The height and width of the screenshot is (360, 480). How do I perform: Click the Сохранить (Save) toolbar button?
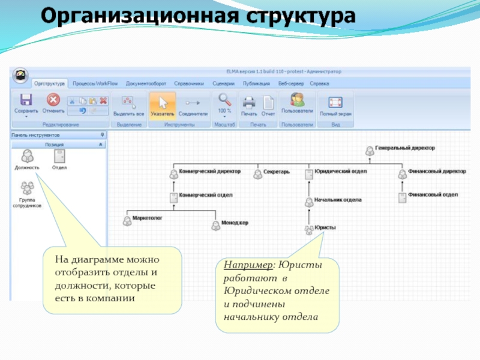(26, 103)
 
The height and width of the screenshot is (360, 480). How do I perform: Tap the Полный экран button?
(335, 104)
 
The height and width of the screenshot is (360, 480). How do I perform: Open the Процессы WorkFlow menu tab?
(96, 84)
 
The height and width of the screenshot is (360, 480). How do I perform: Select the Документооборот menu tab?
(146, 84)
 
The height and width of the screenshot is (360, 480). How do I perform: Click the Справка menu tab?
(319, 84)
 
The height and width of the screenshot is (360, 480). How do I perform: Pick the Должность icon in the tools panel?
(27, 158)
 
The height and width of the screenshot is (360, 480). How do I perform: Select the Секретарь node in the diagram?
(257, 172)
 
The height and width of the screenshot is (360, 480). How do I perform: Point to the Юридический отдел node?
(310, 173)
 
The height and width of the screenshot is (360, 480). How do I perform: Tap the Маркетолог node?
(127, 221)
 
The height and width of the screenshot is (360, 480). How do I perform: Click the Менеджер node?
(215, 225)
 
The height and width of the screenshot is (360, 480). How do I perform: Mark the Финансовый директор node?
(402, 173)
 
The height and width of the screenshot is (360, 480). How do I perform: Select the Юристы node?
(310, 229)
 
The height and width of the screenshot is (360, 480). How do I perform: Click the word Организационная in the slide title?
(113, 16)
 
